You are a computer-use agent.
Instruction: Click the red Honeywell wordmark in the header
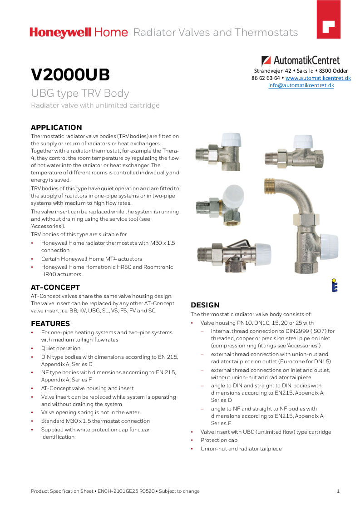(x=61, y=32)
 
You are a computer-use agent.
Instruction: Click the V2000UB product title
(x=70, y=75)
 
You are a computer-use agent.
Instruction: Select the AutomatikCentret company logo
(x=301, y=60)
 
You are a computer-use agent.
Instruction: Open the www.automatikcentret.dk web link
(x=318, y=78)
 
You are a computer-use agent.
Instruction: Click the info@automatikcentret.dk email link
(x=301, y=85)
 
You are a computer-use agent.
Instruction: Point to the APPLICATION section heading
(x=56, y=128)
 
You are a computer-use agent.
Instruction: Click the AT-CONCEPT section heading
(x=55, y=287)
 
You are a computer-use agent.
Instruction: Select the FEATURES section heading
(x=50, y=324)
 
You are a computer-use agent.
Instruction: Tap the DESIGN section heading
(x=205, y=305)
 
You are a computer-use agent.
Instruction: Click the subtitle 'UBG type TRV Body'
(x=80, y=94)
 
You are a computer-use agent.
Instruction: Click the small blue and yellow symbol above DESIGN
(x=334, y=285)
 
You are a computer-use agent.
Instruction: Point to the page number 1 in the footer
(x=338, y=491)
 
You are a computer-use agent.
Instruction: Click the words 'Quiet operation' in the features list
(x=61, y=348)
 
